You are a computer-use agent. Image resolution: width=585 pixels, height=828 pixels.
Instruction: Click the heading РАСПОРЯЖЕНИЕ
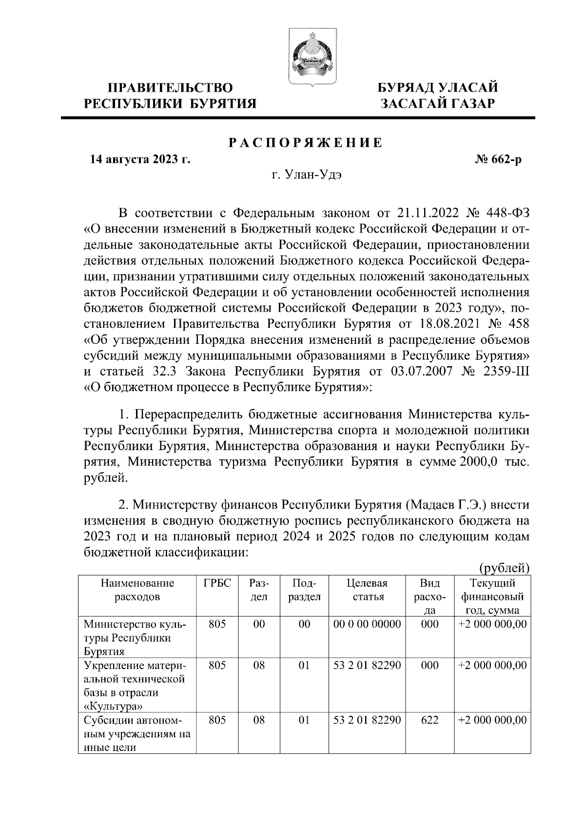pos(306,143)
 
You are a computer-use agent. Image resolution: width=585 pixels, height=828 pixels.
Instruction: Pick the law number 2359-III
pos(506,372)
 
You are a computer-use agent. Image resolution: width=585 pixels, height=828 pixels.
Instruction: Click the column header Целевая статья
pos(367,590)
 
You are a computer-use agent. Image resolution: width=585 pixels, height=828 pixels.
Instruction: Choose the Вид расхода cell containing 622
pos(429,720)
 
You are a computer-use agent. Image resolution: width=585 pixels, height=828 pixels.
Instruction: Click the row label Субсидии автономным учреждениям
pos(136,733)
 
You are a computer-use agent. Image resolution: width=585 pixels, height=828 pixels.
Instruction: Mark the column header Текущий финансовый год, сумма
pos(492,597)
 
